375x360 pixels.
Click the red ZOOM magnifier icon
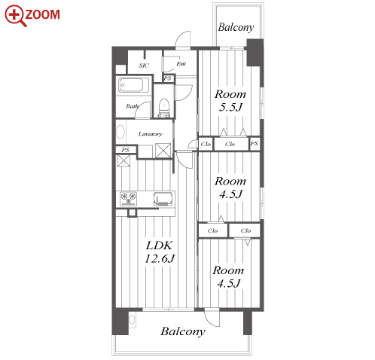pos(16,16)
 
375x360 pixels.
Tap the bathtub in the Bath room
pos(134,85)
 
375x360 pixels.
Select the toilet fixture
pos(164,108)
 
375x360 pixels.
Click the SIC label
pos(144,66)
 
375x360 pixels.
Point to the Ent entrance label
pos(181,64)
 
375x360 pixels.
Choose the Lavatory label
pos(151,134)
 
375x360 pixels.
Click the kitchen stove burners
pos(128,199)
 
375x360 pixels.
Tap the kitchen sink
pos(163,199)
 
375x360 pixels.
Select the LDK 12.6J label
pos(160,252)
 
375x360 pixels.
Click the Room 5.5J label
pos(230,101)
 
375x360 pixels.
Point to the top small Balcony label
pos(236,27)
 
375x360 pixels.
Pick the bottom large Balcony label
pos(183,331)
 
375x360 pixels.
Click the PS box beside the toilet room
pos(168,78)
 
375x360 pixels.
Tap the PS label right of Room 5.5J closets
pos(254,144)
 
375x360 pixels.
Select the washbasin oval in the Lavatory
pos(120,132)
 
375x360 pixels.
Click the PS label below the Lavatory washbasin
pos(125,150)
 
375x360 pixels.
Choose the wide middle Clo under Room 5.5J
pos(230,144)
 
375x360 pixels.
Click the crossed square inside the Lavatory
pos(163,151)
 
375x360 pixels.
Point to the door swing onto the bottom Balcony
pos(212,318)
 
